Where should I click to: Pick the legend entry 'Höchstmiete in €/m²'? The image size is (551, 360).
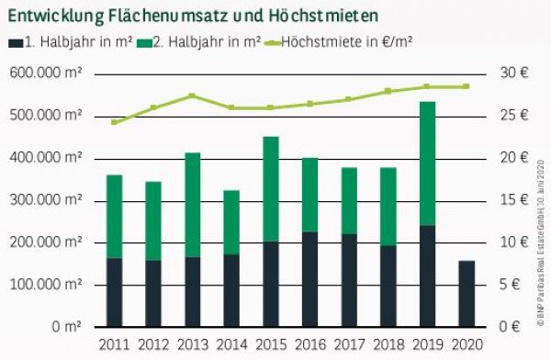point(345,42)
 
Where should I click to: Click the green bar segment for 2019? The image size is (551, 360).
point(428,163)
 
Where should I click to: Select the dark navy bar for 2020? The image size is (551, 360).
point(467,294)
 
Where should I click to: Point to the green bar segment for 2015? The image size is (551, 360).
point(271,189)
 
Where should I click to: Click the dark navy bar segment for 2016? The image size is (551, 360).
point(310,279)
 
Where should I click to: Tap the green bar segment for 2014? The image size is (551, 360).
point(231,222)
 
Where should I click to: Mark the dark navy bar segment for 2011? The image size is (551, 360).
point(114,292)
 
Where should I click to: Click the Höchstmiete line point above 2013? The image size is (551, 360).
point(192,96)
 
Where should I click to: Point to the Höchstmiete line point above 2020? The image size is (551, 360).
point(467,86)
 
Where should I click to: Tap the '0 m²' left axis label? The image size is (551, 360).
point(65,327)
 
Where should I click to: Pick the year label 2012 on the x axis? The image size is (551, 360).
point(152,344)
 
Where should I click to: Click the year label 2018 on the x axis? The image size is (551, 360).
point(388,344)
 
